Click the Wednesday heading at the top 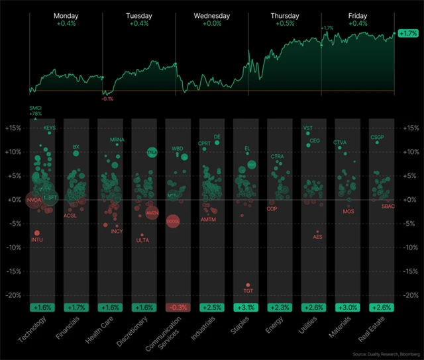[x=212, y=15]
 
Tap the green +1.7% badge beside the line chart [x=407, y=32]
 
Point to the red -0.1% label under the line [x=107, y=99]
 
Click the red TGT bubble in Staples [x=248, y=285]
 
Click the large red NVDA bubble [x=34, y=200]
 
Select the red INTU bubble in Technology [x=37, y=233]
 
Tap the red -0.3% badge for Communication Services [x=178, y=307]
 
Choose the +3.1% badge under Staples [x=246, y=307]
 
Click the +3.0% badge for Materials [x=348, y=307]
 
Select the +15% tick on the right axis [x=411, y=128]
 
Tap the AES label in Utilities [x=317, y=237]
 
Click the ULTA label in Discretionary [x=142, y=240]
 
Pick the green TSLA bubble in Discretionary [x=152, y=153]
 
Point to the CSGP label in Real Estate [x=377, y=138]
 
